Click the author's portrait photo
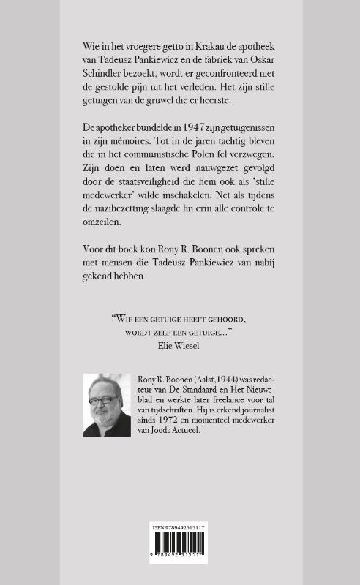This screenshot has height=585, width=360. point(106,405)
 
